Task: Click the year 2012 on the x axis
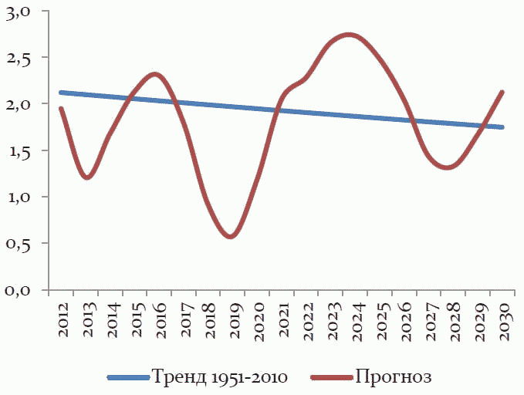63,319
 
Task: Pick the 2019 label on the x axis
234,319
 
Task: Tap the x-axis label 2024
357,319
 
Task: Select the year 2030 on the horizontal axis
503,319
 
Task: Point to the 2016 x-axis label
161,319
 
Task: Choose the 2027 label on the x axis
430,319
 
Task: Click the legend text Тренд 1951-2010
219,377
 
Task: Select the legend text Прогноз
393,377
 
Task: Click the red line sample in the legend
331,378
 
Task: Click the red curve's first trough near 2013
86,177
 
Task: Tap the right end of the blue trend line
502,127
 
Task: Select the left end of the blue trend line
61,93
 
